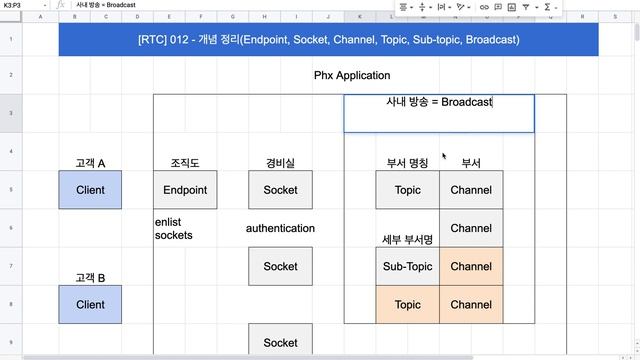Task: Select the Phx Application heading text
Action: coord(352,75)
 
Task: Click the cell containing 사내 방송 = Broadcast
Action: coord(439,103)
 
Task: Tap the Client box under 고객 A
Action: coord(90,190)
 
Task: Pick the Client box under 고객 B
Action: coord(90,304)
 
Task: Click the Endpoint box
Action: coord(185,190)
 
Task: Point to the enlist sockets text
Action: coord(174,228)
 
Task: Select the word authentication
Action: coord(280,228)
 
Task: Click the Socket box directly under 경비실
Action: coord(280,190)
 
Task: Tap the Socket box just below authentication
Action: coord(280,266)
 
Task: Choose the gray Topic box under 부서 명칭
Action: coord(407,190)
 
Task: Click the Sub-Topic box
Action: coord(407,266)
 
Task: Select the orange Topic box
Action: coord(407,304)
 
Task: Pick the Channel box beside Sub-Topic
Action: coord(471,266)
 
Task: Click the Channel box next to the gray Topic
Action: coord(471,190)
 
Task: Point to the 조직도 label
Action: coord(185,163)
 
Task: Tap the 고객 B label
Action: coord(90,277)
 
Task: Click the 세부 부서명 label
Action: coord(407,239)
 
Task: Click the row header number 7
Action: coord(10,266)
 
